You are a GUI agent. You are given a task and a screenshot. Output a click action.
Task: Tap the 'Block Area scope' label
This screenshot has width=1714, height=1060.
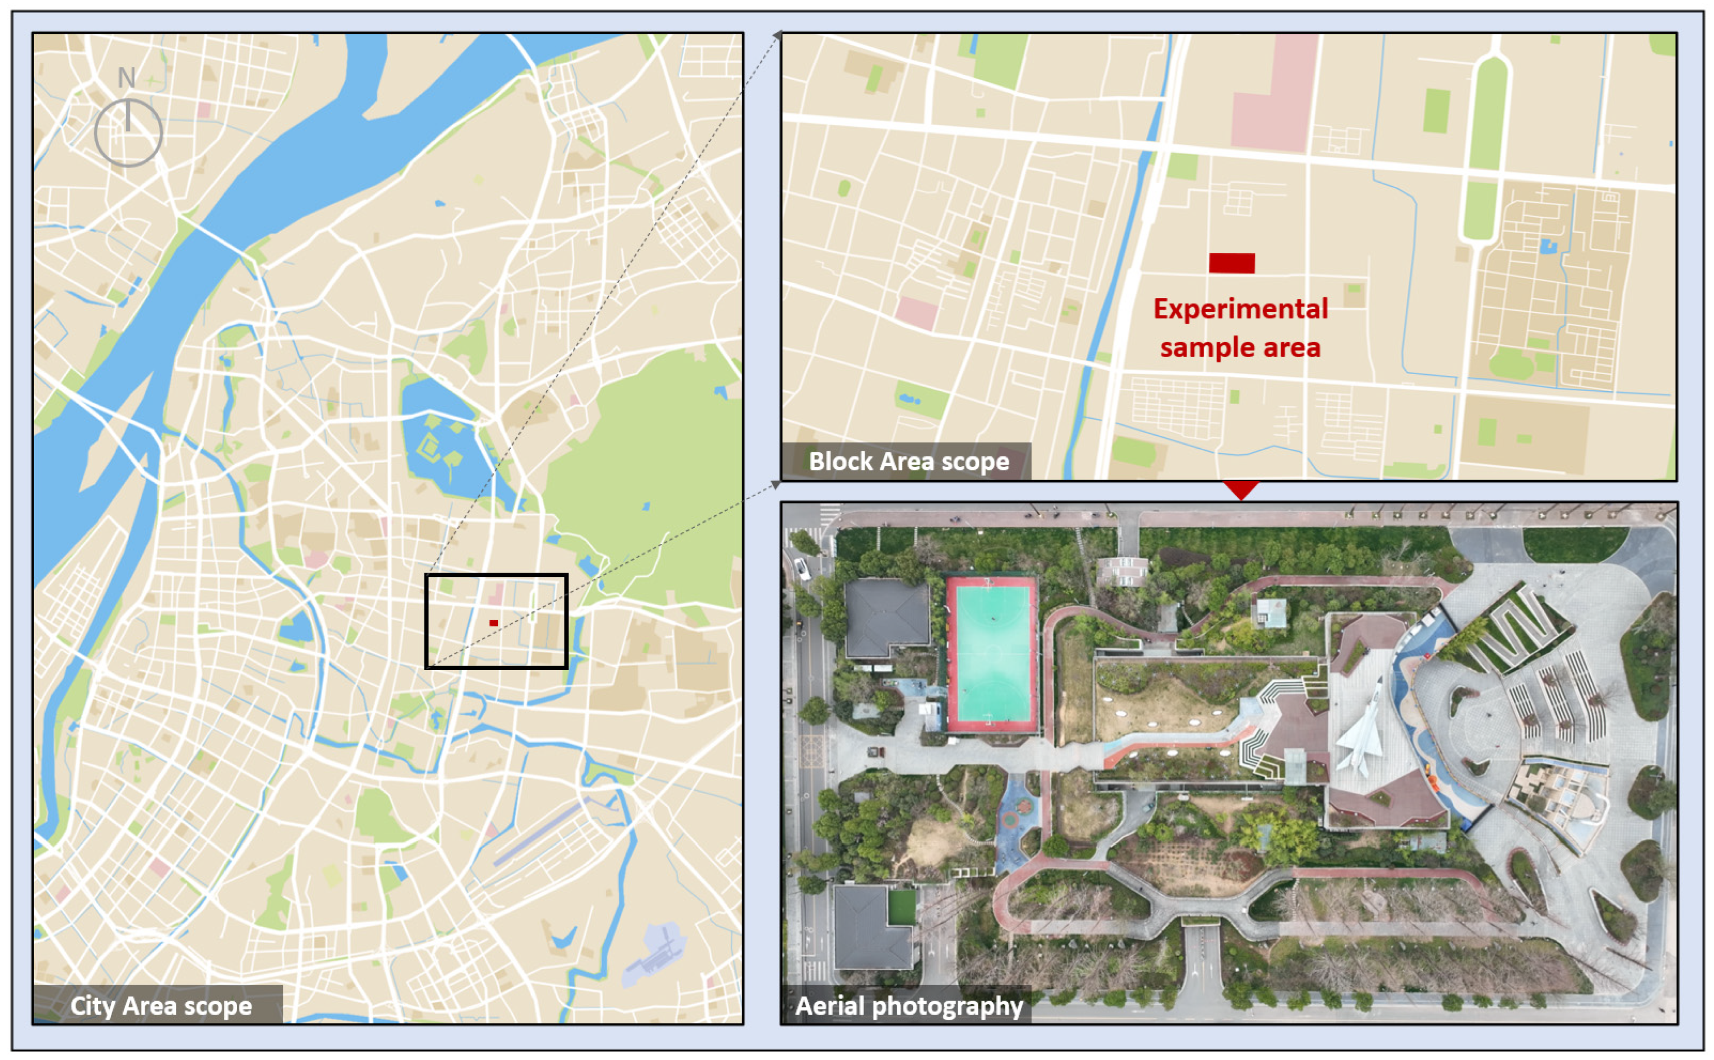(x=908, y=461)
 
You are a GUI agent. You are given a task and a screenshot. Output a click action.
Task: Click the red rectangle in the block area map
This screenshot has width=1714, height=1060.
(x=1231, y=263)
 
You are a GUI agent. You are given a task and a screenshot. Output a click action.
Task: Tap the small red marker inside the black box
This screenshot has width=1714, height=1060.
(x=494, y=623)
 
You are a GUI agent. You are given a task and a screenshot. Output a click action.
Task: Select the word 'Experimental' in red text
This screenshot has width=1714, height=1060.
(x=1240, y=309)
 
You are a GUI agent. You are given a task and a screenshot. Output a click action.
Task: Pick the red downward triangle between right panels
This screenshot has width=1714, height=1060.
(x=1240, y=488)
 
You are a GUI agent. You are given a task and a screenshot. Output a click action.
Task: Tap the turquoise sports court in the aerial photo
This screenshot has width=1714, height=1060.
(x=992, y=653)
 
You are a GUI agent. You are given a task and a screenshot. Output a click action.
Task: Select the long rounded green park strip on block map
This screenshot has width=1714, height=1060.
(x=1486, y=147)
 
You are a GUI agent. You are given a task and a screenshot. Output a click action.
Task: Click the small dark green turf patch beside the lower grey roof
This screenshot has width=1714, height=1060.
(x=902, y=906)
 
